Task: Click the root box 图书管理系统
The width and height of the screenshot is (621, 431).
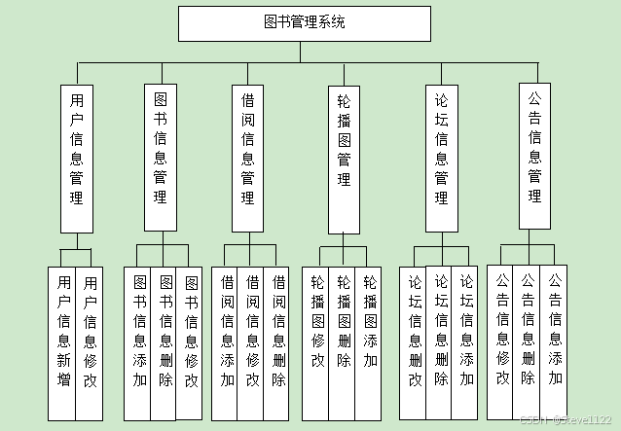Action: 304,23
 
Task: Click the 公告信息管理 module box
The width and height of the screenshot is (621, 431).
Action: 534,156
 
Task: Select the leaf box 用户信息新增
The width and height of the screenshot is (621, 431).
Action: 63,331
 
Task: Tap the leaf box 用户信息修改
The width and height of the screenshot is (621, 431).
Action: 90,331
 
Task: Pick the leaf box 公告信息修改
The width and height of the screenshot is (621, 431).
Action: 502,331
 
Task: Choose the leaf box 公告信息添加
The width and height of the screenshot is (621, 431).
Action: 555,331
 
